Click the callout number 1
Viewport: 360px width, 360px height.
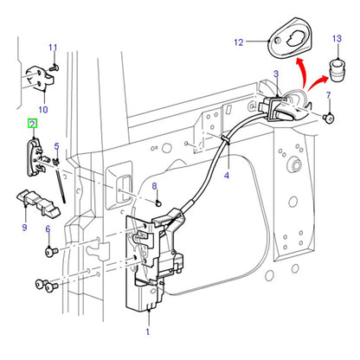pos(148,331)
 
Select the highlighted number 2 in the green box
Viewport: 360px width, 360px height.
pos(33,125)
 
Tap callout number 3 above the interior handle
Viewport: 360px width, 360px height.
pos(276,74)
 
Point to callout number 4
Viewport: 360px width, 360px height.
pos(227,175)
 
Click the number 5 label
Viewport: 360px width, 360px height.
pos(57,146)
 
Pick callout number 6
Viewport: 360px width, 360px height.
pos(48,229)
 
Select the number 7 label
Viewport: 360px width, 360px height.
pos(328,95)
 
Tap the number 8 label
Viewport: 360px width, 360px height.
pos(154,186)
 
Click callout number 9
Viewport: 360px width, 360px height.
pos(24,228)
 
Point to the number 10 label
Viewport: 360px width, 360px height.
pos(43,110)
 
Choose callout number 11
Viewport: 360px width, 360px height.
pos(53,48)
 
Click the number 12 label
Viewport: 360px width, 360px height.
pos(239,42)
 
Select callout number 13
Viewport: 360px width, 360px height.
pos(337,39)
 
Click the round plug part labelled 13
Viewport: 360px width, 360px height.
pos(337,71)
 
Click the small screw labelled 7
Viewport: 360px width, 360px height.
pos(329,118)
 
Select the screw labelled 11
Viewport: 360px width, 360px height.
pos(55,68)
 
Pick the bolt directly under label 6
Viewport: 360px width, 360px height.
pos(52,251)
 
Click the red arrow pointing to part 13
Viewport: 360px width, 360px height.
pos(318,82)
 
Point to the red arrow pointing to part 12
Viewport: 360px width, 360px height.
pos(301,72)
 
